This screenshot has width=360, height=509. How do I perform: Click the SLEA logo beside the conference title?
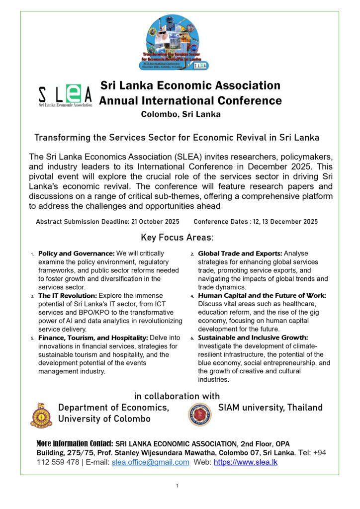[65, 95]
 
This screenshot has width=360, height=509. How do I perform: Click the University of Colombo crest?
[41, 415]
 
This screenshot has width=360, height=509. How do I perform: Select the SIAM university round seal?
[200, 414]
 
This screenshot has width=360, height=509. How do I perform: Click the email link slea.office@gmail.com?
[150, 462]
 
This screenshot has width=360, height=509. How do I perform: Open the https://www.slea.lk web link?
[245, 462]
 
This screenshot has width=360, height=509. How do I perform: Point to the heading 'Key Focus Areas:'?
[177, 237]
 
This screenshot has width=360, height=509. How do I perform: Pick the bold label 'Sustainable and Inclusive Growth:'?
[253, 338]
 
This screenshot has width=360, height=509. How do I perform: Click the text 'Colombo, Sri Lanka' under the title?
[180, 114]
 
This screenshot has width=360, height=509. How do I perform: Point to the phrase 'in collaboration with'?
[177, 396]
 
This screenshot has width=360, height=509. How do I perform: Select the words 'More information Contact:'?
[75, 443]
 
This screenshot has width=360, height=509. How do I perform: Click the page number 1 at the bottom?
[177, 486]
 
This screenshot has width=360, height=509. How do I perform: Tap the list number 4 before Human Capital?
[192, 296]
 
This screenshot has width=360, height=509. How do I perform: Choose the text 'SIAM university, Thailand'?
[270, 408]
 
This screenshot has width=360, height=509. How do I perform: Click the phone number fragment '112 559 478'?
[58, 462]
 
